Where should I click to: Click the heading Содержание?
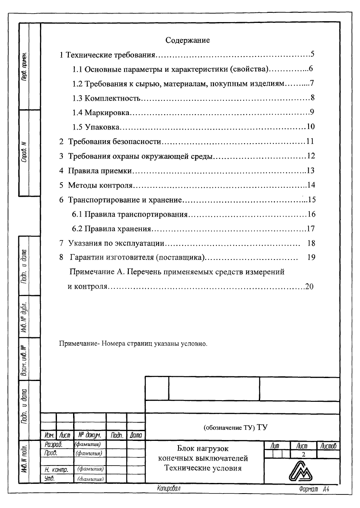point(188,41)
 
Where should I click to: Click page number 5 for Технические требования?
point(312,54)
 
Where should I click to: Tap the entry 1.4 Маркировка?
point(101,113)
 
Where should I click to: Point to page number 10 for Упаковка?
point(310,127)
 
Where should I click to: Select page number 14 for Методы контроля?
point(310,185)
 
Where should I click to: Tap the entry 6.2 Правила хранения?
point(112,229)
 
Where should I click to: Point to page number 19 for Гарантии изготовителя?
point(310,257)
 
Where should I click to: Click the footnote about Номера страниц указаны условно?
point(133,343)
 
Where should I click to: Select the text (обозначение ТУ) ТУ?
point(235,427)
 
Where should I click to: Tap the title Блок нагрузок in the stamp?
point(203,449)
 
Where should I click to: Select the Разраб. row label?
point(53,444)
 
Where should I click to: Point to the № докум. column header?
point(89,435)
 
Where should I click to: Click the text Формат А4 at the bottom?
point(314,489)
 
